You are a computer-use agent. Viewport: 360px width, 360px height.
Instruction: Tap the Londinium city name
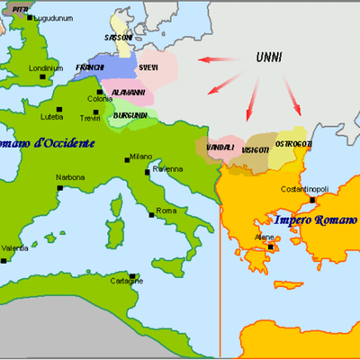(x=46, y=67)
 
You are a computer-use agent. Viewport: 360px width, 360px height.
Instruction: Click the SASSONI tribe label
(x=120, y=39)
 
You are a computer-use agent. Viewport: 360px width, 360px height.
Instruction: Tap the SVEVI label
(x=149, y=67)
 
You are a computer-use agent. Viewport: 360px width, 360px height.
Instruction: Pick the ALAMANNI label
(x=129, y=93)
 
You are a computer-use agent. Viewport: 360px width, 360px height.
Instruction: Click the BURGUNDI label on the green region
(x=132, y=116)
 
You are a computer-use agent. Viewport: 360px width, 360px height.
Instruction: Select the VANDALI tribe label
(x=220, y=147)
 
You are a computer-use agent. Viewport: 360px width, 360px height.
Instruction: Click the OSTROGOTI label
(x=292, y=144)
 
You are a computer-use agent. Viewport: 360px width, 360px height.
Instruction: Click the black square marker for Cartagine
(x=132, y=276)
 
